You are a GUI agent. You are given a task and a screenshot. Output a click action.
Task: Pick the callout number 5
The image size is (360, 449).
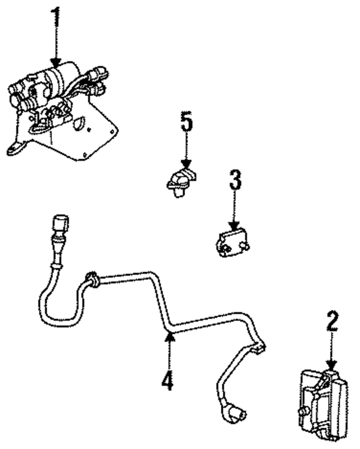[186, 122]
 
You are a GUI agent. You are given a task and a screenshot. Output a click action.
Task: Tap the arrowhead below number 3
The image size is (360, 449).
[235, 228]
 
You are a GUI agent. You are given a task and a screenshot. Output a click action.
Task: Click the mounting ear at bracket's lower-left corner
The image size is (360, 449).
[15, 149]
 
